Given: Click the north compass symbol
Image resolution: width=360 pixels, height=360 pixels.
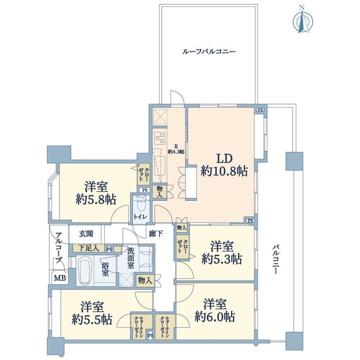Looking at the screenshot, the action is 302,21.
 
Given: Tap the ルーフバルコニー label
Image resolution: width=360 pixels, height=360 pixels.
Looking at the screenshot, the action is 209,51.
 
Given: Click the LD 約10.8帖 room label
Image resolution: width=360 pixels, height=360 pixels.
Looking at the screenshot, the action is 224,165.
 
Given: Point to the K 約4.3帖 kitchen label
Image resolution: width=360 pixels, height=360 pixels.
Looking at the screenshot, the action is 176,149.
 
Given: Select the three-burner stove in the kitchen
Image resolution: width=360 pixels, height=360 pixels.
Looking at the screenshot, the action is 160,138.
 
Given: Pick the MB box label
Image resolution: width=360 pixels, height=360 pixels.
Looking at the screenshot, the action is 60,278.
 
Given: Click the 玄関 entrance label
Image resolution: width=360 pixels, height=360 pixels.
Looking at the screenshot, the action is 86,234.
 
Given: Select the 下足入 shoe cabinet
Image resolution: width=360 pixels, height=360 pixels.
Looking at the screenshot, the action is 88,248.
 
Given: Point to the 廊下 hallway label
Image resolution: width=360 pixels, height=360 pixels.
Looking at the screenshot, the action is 156,234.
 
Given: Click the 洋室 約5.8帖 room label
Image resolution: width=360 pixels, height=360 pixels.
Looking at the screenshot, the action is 96,193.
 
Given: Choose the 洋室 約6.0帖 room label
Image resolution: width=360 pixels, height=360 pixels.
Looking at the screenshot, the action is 215,310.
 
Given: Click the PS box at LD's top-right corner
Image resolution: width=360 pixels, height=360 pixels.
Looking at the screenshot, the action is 260,110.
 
